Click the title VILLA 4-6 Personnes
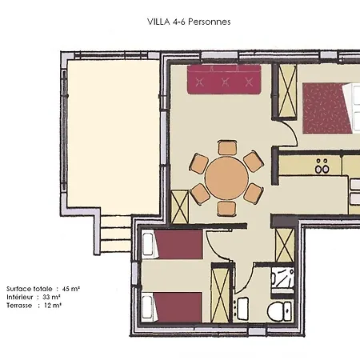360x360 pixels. pyautogui.click(x=189, y=22)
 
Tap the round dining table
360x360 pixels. pyautogui.click(x=226, y=178)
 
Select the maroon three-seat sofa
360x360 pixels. pyautogui.click(x=224, y=79)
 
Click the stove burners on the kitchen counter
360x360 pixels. pyautogui.click(x=322, y=166)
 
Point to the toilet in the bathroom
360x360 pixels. pyautogui.click(x=280, y=310)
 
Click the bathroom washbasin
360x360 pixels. pyautogui.click(x=242, y=308)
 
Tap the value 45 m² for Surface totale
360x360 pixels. pyautogui.click(x=71, y=289)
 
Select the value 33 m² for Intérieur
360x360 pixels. pyautogui.click(x=51, y=297)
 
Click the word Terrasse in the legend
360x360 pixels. pyautogui.click(x=19, y=306)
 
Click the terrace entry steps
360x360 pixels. pyautogui.click(x=115, y=234)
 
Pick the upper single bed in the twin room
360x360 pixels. pyautogui.click(x=172, y=245)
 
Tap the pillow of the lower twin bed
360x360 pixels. pyautogui.click(x=147, y=306)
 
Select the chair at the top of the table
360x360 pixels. pyautogui.click(x=227, y=148)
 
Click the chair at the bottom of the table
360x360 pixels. pyautogui.click(x=226, y=209)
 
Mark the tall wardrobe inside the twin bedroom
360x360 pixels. pyautogui.click(x=221, y=293)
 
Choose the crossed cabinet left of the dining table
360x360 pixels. pyautogui.click(x=179, y=207)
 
